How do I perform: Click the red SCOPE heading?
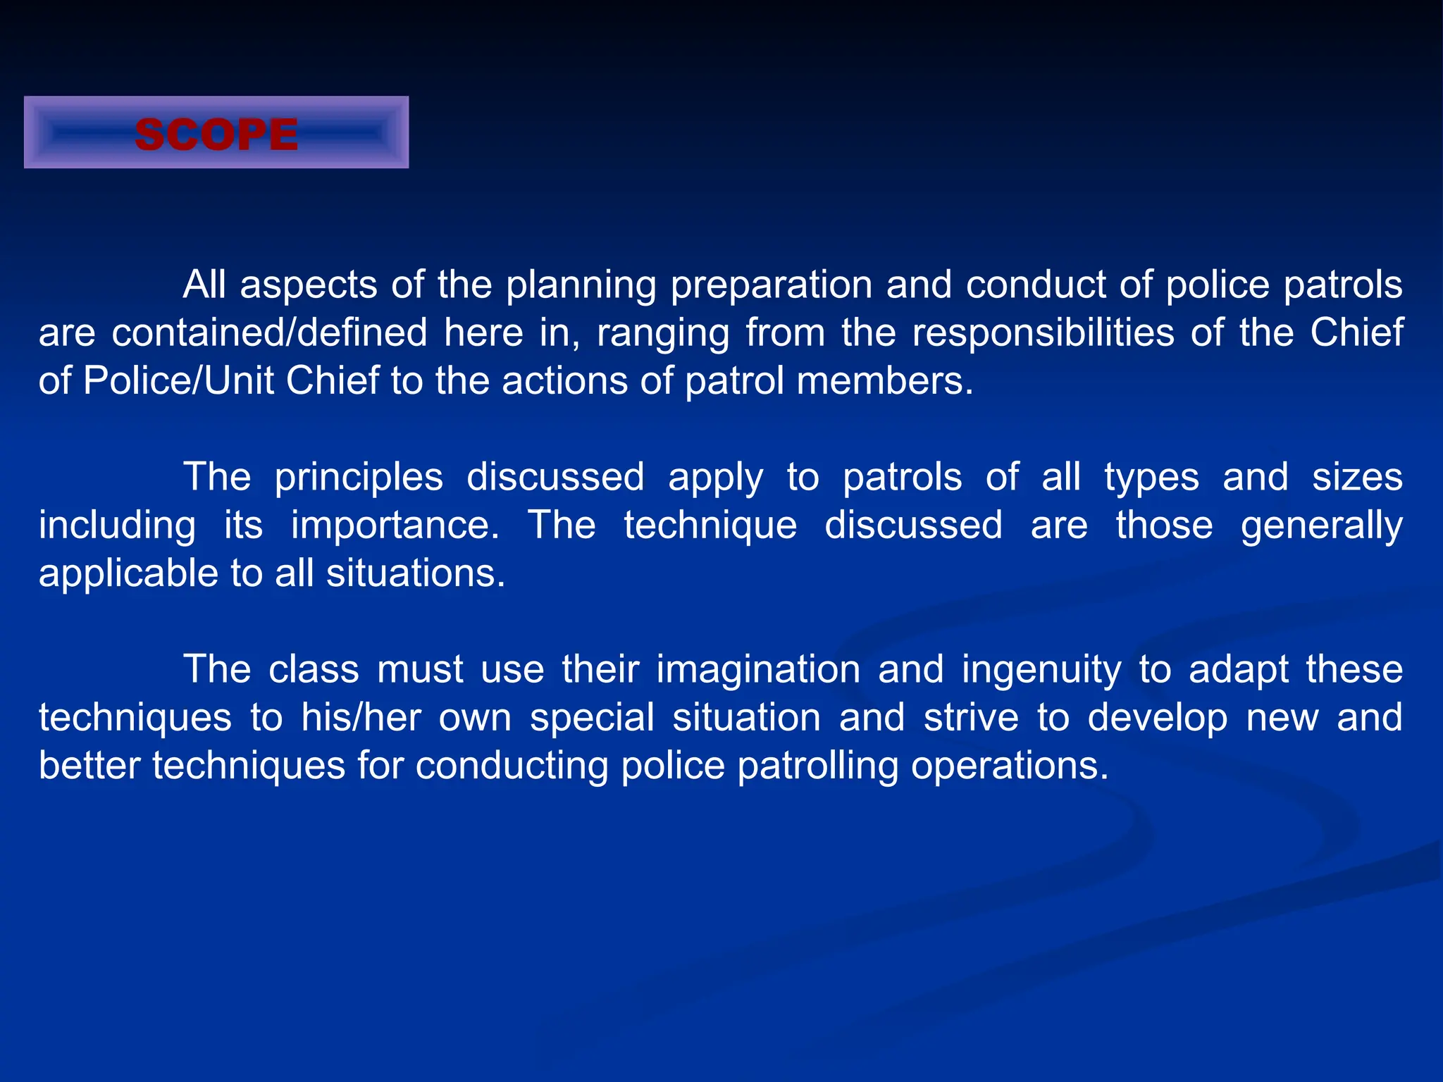point(216,134)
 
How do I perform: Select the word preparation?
point(772,285)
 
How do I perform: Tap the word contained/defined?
point(269,332)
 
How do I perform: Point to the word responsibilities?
point(1043,332)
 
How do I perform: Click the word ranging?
point(663,334)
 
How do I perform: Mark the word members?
point(885,380)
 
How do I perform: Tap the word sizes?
point(1357,477)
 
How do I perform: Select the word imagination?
point(758,669)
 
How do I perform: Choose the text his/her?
point(361,717)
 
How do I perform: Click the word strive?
point(971,717)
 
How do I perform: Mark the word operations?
point(1010,766)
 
